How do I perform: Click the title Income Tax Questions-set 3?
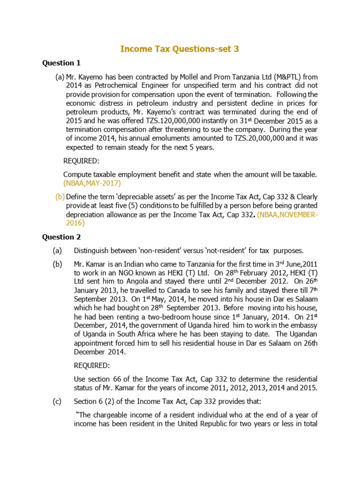[x=180, y=49]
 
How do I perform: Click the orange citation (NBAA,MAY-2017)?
[x=92, y=183]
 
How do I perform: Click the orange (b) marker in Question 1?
[x=60, y=196]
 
